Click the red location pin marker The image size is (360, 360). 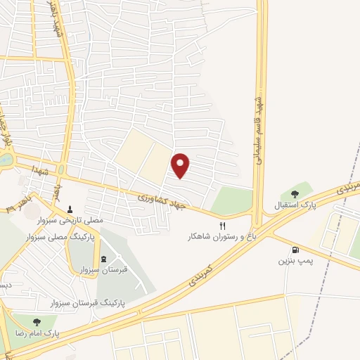click(x=181, y=165)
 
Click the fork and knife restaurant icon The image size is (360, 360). click(x=223, y=226)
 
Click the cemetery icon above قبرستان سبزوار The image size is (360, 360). click(x=104, y=258)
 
